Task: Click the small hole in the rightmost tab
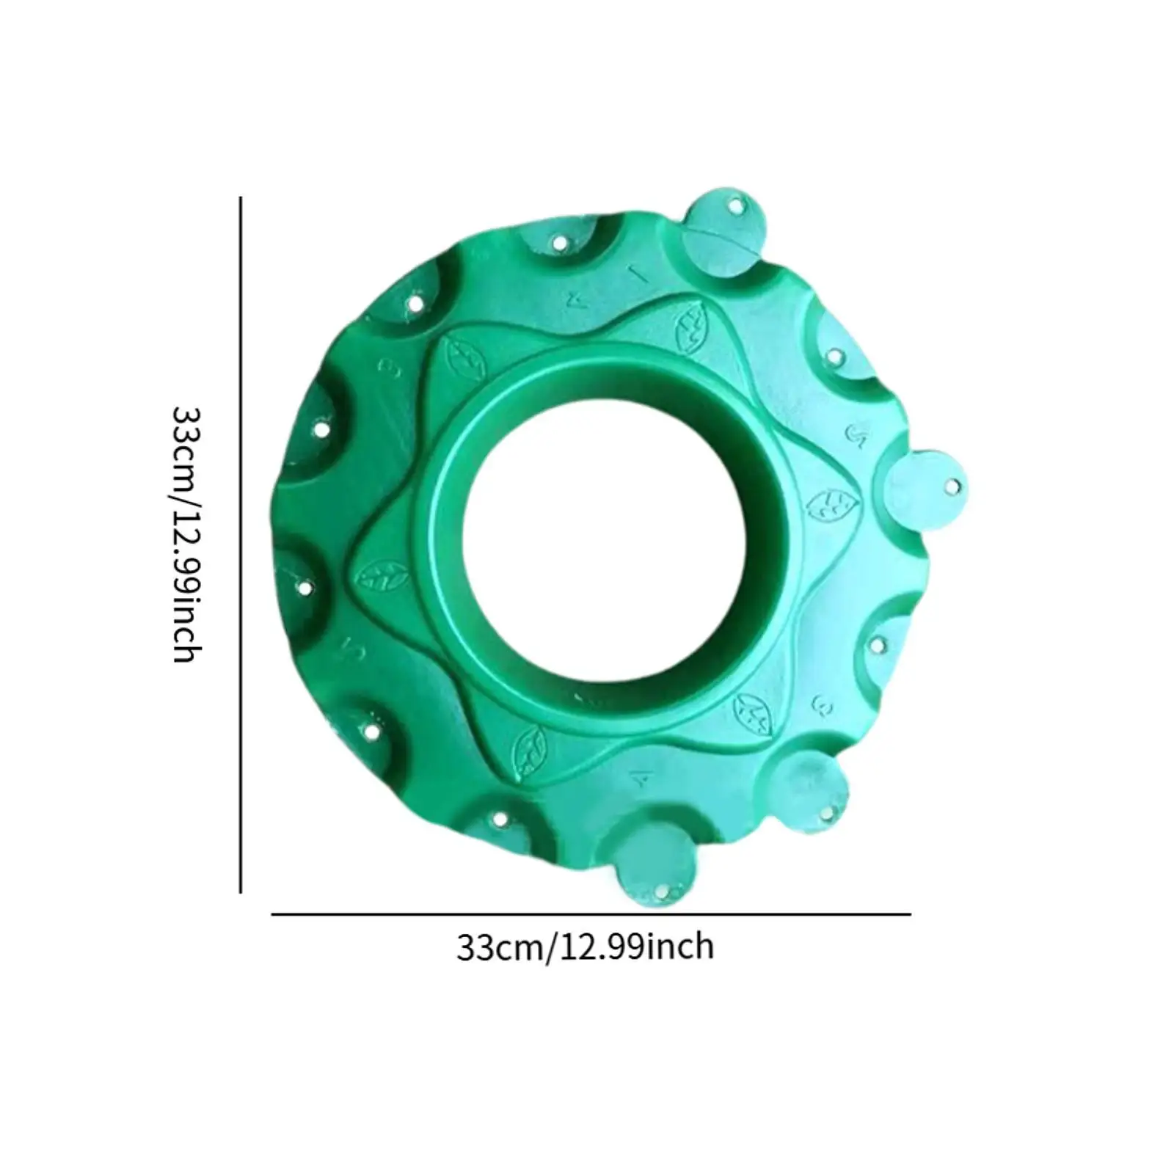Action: point(952,486)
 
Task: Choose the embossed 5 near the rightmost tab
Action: point(857,434)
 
